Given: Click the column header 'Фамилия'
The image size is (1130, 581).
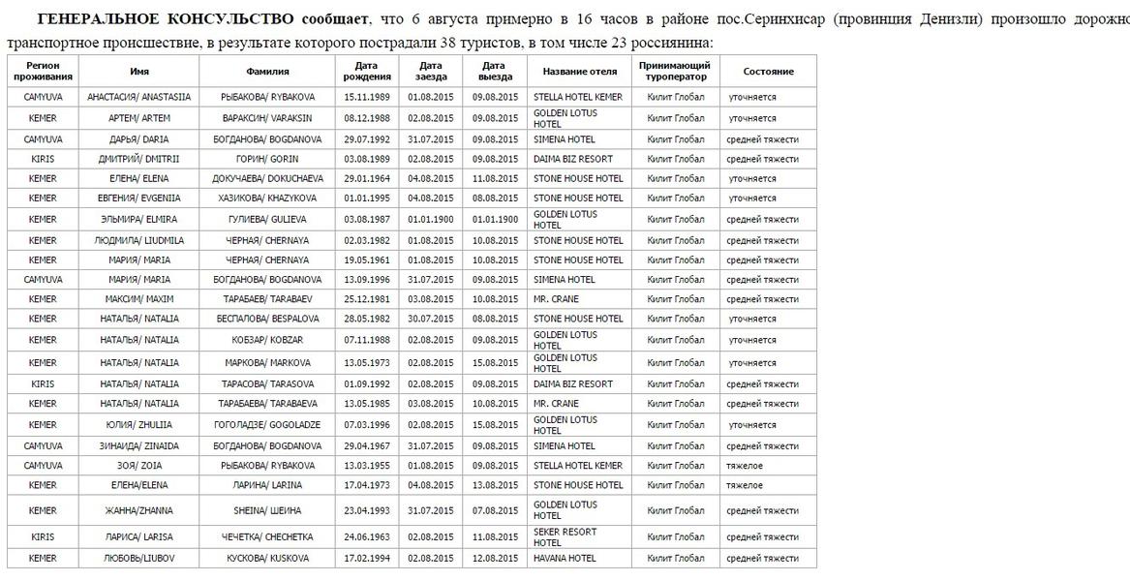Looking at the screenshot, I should (x=267, y=72).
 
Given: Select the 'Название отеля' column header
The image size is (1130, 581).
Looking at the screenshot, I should (x=579, y=72).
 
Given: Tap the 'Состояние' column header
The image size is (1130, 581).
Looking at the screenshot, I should (x=768, y=72).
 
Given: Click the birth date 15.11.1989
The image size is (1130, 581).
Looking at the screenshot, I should (x=366, y=97).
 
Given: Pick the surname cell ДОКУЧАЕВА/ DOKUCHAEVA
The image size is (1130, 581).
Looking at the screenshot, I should (x=267, y=179).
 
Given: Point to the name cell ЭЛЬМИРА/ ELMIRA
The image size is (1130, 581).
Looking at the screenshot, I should (x=139, y=220).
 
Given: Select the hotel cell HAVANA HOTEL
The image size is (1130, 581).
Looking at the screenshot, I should (x=565, y=559).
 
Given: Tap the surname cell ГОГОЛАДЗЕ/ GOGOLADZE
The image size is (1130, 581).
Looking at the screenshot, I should (x=267, y=425).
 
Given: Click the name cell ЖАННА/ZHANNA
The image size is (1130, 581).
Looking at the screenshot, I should (x=139, y=510).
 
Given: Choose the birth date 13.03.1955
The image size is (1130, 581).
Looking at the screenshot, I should (x=366, y=466).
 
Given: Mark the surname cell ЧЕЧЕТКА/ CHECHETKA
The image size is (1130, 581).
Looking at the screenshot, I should (x=267, y=537).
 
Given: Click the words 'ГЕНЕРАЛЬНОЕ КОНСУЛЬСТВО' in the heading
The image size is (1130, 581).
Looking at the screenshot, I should (x=166, y=19).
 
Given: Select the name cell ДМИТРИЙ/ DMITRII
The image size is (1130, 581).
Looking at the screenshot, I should (x=139, y=159).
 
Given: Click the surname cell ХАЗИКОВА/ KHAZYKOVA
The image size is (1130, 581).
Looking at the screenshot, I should (x=267, y=199).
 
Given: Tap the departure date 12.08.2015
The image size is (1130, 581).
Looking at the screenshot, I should (x=495, y=559).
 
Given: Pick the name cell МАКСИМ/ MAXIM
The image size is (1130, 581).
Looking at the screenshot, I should (x=139, y=299).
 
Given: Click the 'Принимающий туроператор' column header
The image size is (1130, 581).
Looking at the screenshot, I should (x=675, y=72).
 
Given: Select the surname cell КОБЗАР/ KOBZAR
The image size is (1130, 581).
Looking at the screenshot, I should (x=267, y=340).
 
